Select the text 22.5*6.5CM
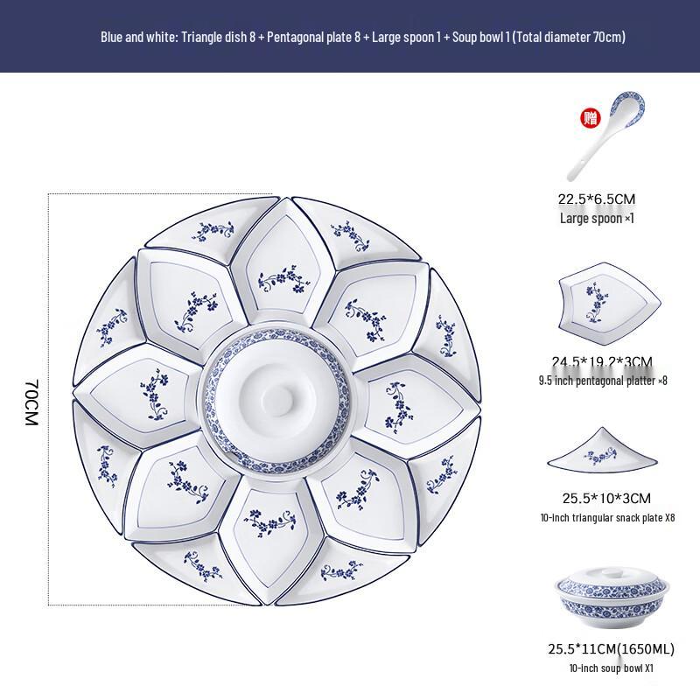pyautogui.click(x=596, y=199)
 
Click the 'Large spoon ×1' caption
pyautogui.click(x=596, y=218)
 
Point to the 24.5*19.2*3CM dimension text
pyautogui.click(x=602, y=360)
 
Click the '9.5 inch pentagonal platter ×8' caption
pyautogui.click(x=602, y=380)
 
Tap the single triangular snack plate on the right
pyautogui.click(x=602, y=454)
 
